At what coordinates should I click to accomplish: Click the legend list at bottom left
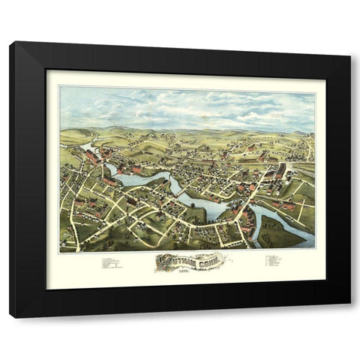pos(110,263)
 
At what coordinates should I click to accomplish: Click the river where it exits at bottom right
pos(304,241)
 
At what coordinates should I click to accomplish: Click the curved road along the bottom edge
pos(150,241)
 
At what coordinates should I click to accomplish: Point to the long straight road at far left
pos(72,214)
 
